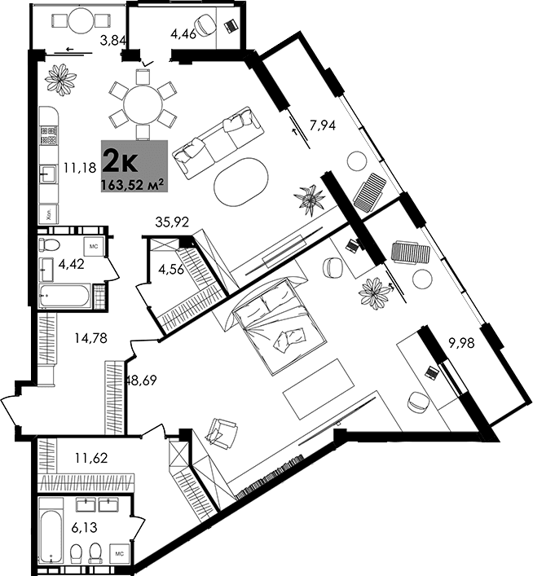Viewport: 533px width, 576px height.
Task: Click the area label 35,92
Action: click(172, 220)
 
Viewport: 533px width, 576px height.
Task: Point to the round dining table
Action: click(143, 103)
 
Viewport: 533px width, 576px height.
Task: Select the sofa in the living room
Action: click(220, 142)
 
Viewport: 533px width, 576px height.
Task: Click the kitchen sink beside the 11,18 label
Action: click(47, 171)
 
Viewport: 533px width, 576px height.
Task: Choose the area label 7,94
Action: click(324, 125)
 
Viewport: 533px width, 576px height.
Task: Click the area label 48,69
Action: click(140, 379)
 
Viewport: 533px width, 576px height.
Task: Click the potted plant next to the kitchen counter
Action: click(61, 78)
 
